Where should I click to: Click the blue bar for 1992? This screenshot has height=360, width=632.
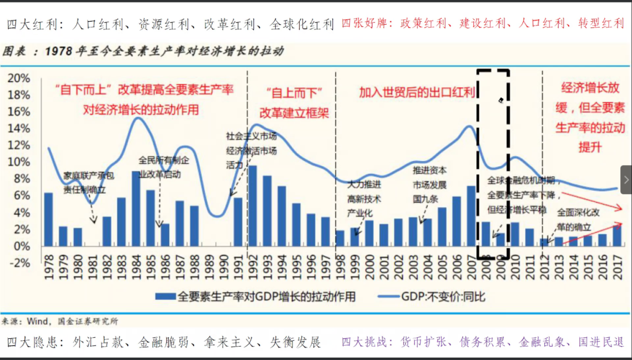(253, 205)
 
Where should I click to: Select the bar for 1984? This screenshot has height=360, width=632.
(136, 208)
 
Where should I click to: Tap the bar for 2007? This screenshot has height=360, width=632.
(471, 216)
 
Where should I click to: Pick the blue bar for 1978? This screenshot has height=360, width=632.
(49, 219)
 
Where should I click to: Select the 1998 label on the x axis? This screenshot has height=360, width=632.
(340, 273)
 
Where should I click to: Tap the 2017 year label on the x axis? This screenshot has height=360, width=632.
(617, 273)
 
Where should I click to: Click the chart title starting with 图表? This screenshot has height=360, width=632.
(143, 51)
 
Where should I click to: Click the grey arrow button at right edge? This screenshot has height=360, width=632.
(626, 179)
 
